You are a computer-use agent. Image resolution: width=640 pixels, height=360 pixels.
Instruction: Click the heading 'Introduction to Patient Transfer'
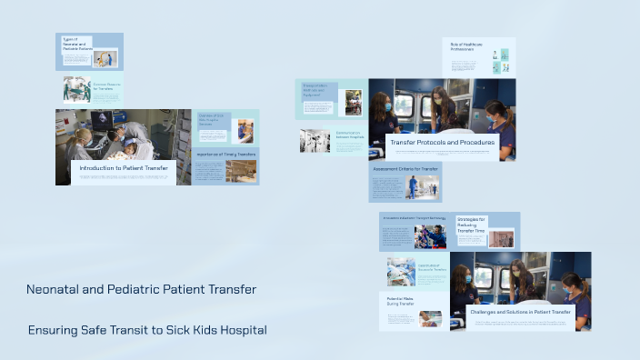click(x=124, y=168)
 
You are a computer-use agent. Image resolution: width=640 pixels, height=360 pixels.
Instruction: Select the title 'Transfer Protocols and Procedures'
click(x=443, y=143)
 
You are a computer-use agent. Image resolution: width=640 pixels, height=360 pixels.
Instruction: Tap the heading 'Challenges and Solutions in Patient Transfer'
click(x=520, y=312)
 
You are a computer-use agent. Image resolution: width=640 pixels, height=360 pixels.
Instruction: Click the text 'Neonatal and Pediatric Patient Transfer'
click(x=141, y=289)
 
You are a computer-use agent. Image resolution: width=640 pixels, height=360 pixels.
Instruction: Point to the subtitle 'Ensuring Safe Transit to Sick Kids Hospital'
click(x=147, y=329)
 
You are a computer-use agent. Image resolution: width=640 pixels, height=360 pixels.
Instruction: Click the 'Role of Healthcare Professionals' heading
click(x=463, y=46)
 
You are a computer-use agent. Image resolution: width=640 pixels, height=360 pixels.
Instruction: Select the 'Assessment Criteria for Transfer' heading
click(x=405, y=169)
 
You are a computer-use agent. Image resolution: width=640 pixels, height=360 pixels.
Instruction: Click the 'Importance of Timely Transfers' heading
click(x=226, y=155)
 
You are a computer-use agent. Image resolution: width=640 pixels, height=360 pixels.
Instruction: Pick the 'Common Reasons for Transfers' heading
click(x=106, y=87)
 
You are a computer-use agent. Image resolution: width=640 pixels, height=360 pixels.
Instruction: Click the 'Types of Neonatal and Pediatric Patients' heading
click(x=76, y=45)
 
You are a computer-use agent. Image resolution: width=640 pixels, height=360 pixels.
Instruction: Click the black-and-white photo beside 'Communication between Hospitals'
click(x=315, y=140)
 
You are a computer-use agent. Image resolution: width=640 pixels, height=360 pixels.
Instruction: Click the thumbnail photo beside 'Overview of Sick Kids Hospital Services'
click(x=243, y=131)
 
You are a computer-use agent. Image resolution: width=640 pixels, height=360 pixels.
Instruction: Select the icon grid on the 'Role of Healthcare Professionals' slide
click(x=500, y=61)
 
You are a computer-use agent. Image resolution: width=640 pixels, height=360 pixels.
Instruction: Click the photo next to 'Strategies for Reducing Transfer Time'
click(x=501, y=237)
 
